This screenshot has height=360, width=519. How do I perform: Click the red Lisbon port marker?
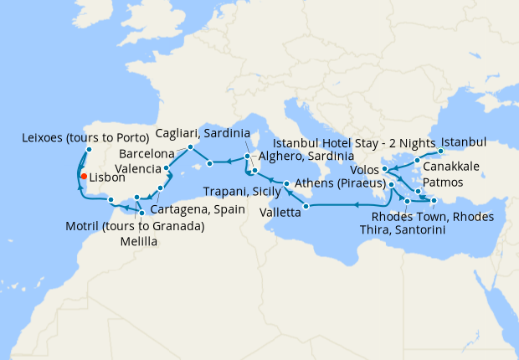click(83, 176)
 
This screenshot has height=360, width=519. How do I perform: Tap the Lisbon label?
click(107, 178)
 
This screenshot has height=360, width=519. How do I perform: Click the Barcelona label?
click(146, 155)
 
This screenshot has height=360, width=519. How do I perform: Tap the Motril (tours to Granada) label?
click(135, 227)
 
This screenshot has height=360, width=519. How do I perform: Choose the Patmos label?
click(442, 181)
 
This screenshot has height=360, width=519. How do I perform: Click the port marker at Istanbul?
click(441, 152)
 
